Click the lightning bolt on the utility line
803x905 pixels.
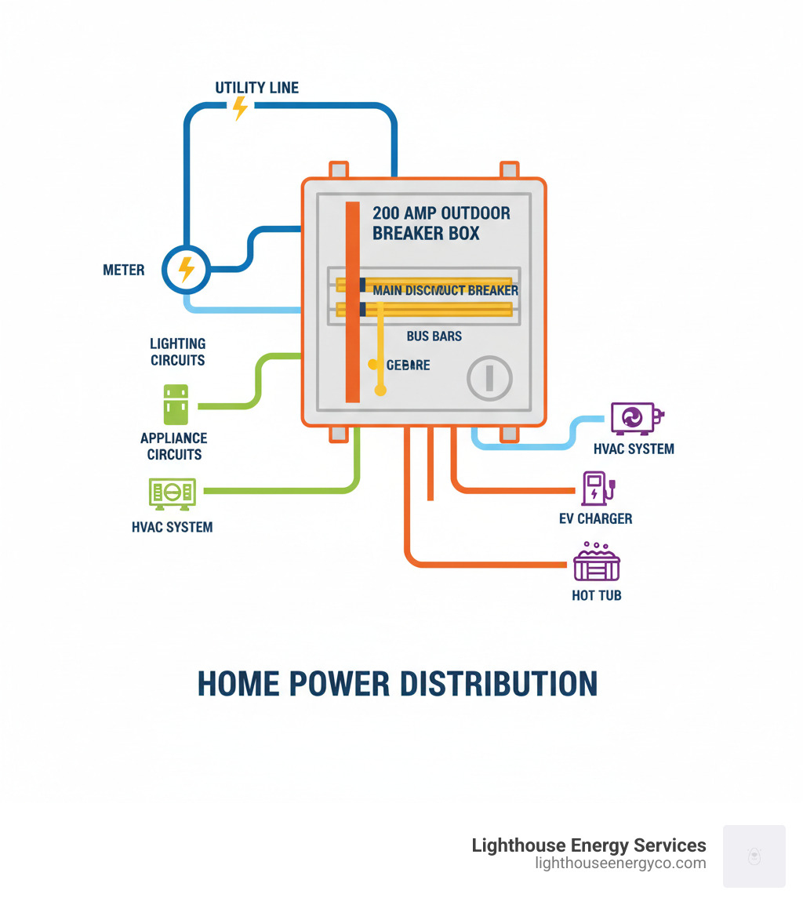click(x=240, y=108)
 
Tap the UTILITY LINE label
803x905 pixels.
click(x=257, y=88)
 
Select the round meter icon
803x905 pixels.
click(x=186, y=270)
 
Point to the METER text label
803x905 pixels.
click(x=124, y=271)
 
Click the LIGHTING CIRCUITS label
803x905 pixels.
click(x=178, y=352)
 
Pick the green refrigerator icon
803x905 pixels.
click(x=176, y=405)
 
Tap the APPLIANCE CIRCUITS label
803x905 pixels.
click(x=175, y=446)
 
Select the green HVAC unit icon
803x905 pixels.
click(x=173, y=492)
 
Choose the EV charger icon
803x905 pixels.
click(x=596, y=488)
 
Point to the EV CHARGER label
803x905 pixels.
click(x=594, y=518)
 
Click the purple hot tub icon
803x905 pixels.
click(x=597, y=561)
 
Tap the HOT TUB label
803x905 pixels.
click(x=597, y=595)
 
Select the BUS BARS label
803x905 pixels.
click(x=434, y=336)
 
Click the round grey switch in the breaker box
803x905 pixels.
click(x=489, y=379)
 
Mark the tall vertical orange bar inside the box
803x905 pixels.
click(x=353, y=302)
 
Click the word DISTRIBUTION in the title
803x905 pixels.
click(x=499, y=684)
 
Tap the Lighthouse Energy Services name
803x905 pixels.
click(x=589, y=845)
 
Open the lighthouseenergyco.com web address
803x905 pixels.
click(x=620, y=863)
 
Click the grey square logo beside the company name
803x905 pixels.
click(x=754, y=856)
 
